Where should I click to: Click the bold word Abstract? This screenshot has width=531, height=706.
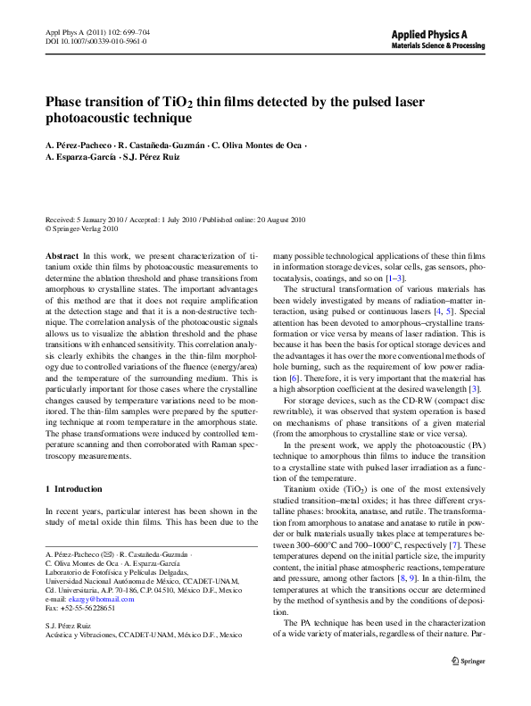(62, 255)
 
